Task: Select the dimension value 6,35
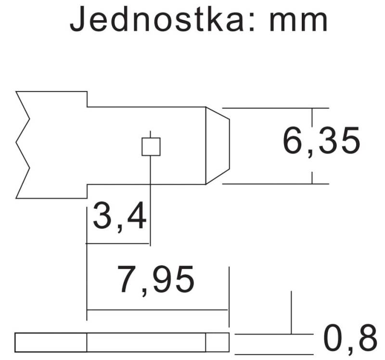tap(321, 141)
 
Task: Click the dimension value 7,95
tap(156, 281)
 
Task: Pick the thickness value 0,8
tap(350, 338)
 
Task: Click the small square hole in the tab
tap(151, 147)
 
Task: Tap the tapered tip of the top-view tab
tap(218, 146)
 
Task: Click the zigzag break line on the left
tap(23, 145)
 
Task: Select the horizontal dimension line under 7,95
tap(157, 310)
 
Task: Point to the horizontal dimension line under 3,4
tap(118, 244)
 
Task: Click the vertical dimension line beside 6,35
tap(312, 146)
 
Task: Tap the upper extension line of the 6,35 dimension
tap(275, 108)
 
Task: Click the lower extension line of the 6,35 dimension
tap(275, 184)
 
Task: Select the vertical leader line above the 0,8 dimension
tap(292, 312)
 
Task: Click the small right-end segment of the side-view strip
tap(218, 342)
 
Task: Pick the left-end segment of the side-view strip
tap(51, 342)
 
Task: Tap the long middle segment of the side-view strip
tap(146, 342)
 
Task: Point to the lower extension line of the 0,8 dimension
tap(274, 354)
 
